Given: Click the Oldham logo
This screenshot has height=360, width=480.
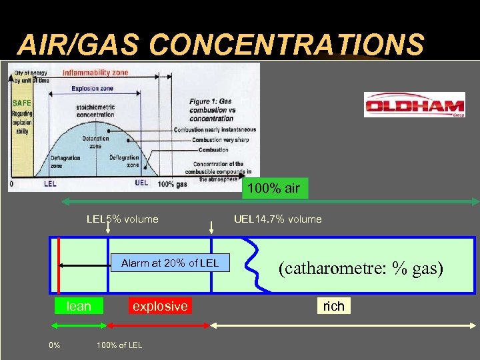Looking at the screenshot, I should click(414, 105).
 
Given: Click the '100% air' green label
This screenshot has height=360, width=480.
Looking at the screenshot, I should click(273, 188).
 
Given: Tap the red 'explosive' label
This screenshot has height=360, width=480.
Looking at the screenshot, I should click(160, 306).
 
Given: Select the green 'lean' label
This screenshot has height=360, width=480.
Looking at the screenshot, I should click(79, 306).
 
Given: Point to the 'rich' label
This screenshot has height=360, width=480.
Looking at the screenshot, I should click(333, 306).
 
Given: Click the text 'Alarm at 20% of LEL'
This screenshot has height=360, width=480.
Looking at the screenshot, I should click(169, 263).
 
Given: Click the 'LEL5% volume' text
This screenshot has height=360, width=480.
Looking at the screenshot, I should click(123, 219).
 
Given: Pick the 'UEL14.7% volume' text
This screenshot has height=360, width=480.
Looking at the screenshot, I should click(278, 219).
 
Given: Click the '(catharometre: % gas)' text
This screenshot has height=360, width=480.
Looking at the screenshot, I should click(361, 268).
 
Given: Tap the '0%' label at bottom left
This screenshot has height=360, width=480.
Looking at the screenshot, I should click(55, 345).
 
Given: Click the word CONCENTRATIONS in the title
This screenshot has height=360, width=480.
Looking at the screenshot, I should click(287, 45).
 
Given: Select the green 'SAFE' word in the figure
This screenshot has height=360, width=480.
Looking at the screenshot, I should click(21, 103).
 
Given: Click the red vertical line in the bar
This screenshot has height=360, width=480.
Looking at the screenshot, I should click(59, 265).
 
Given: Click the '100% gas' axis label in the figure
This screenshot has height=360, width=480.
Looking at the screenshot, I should click(173, 183).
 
